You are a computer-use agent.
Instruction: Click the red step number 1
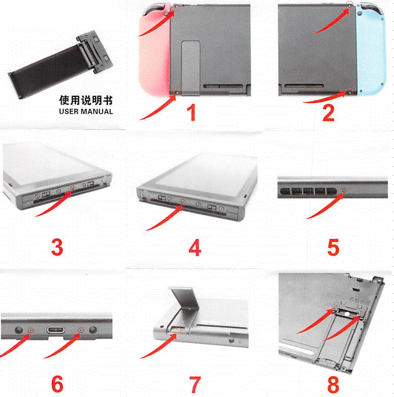click(x=191, y=113)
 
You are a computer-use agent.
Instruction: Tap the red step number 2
click(x=329, y=113)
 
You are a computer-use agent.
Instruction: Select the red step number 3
click(x=57, y=247)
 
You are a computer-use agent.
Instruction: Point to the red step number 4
click(x=195, y=247)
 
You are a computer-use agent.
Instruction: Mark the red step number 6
click(x=57, y=383)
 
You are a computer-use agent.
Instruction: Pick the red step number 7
click(x=195, y=384)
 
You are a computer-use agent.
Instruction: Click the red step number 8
click(x=333, y=384)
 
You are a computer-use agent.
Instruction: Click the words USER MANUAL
click(x=86, y=112)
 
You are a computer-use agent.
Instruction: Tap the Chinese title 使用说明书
click(x=86, y=100)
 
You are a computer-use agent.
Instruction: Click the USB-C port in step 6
click(x=55, y=330)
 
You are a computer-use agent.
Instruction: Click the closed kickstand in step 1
click(x=191, y=68)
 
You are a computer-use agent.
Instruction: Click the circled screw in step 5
click(x=344, y=189)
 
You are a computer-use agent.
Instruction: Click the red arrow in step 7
click(x=159, y=346)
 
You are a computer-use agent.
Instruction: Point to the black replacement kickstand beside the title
click(x=61, y=64)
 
